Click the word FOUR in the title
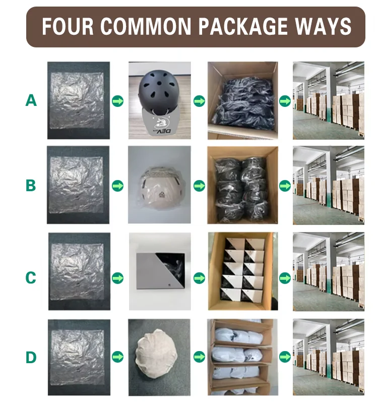(68, 26)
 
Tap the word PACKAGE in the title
(243, 26)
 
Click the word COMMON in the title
(146, 26)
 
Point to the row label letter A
(31, 100)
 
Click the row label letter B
(31, 185)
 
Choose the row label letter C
(31, 277)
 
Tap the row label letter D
(31, 357)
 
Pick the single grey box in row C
(161, 271)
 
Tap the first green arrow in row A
(118, 101)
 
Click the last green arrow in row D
(285, 357)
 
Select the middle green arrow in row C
(199, 278)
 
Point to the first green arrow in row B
(118, 186)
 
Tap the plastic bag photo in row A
(79, 100)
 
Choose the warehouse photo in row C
(329, 272)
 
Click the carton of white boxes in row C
(243, 271)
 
